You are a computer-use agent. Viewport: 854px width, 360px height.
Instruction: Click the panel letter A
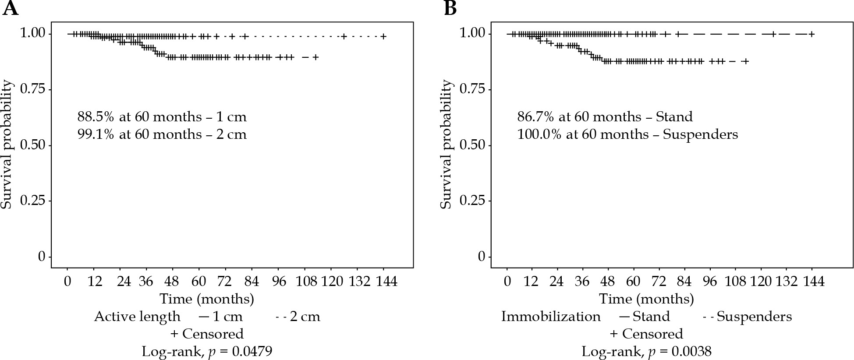point(10,9)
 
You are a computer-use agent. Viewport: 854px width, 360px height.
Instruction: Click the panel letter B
point(450,9)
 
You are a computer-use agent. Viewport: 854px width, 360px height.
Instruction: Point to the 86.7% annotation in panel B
point(535,117)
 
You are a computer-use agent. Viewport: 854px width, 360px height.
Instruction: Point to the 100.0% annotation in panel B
point(539,134)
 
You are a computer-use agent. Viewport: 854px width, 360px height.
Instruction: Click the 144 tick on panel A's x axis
point(384,281)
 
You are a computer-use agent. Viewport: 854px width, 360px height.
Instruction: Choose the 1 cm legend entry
point(220,316)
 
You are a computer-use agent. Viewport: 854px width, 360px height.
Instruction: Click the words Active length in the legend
point(137,316)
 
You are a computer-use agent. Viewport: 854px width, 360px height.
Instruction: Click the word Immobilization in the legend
point(551,316)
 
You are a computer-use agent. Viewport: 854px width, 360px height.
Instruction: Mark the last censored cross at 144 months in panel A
point(383,36)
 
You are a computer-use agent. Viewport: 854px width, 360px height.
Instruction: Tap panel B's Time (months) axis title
point(646,299)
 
